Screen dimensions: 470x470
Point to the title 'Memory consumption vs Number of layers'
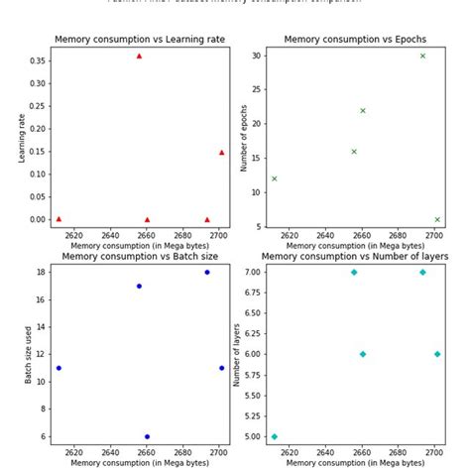point(354,256)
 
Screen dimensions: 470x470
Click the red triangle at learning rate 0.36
point(139,57)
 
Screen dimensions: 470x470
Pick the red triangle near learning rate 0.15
point(221,153)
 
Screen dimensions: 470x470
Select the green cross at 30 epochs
point(422,56)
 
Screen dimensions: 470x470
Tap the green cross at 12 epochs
point(274,178)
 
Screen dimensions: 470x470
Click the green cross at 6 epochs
point(437,220)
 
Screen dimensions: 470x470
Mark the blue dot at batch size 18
point(207,272)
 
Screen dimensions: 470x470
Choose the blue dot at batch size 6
point(147,436)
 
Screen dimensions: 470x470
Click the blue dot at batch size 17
point(139,286)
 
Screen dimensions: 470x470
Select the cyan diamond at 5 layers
point(274,436)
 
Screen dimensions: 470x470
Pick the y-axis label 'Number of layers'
point(235,354)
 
